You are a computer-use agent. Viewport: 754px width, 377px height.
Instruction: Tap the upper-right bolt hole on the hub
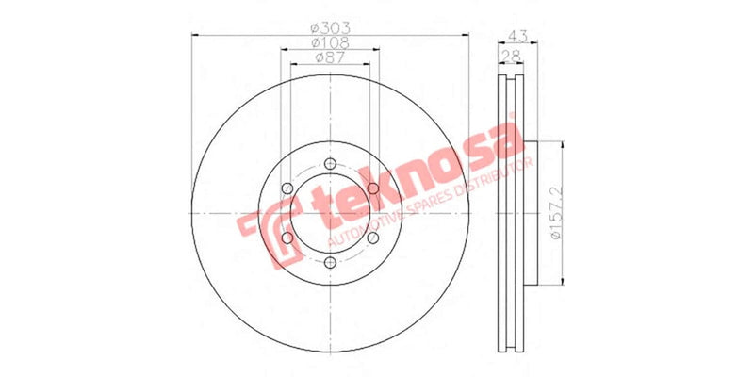tap(373, 189)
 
